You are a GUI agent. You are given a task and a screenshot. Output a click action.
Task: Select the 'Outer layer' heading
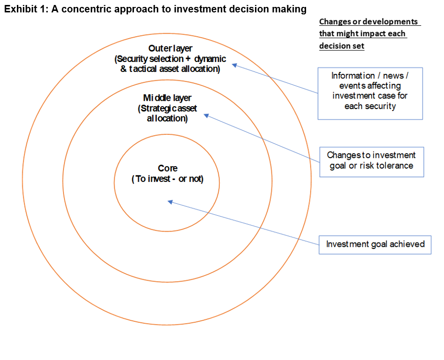(170, 48)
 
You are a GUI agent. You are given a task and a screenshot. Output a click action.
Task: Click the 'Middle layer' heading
(167, 98)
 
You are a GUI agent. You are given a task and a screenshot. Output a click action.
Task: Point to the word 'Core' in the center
(168, 168)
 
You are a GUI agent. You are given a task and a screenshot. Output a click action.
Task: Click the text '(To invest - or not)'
(168, 179)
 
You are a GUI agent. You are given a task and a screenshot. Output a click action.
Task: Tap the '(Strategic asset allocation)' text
(167, 114)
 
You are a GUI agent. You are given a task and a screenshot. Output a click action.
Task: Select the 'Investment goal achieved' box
(375, 244)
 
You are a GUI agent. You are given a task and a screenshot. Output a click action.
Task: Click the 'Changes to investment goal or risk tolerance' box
(372, 161)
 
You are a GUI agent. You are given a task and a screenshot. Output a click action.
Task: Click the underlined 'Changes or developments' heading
(369, 22)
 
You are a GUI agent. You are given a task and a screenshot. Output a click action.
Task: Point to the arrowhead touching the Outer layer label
(235, 65)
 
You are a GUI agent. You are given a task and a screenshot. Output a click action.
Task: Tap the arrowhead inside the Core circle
(170, 201)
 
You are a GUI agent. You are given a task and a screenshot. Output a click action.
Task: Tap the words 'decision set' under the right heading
(342, 46)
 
